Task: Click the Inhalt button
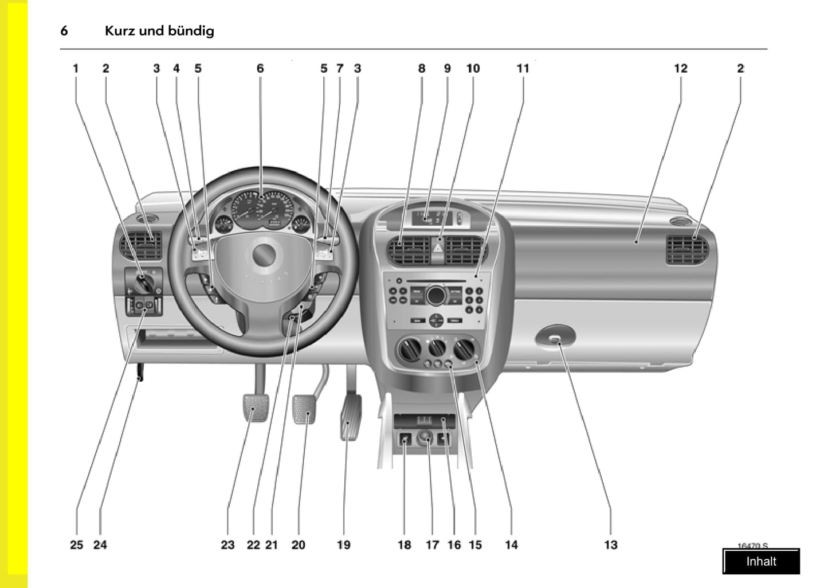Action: pyautogui.click(x=761, y=562)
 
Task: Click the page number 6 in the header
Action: pyautogui.click(x=64, y=31)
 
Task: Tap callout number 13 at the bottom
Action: pyautogui.click(x=611, y=544)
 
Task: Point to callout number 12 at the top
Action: pyautogui.click(x=680, y=68)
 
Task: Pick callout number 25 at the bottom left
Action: pyautogui.click(x=76, y=544)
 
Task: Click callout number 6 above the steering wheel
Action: pyautogui.click(x=260, y=68)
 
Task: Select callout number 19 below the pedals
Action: pyautogui.click(x=343, y=544)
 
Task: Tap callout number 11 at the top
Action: pyautogui.click(x=523, y=68)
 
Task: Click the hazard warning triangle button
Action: pyautogui.click(x=437, y=249)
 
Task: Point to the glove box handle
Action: pyautogui.click(x=555, y=338)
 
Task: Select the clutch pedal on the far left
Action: pyautogui.click(x=256, y=407)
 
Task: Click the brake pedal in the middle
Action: pyautogui.click(x=304, y=409)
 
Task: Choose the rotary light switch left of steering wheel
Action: pyautogui.click(x=143, y=282)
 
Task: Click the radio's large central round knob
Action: pyautogui.click(x=435, y=295)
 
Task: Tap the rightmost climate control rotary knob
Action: pyautogui.click(x=464, y=348)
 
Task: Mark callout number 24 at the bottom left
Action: pyautogui.click(x=100, y=544)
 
